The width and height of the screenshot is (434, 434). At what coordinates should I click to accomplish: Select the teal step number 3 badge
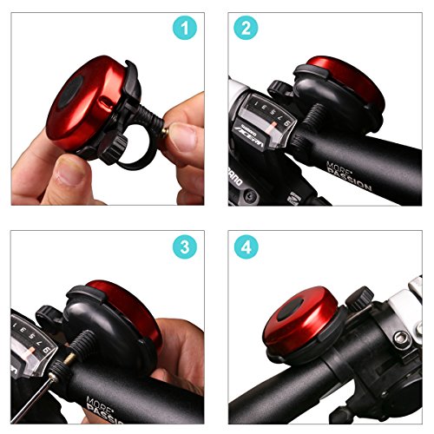pos(182,247)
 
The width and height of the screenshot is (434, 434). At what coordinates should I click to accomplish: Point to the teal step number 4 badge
pos(247,247)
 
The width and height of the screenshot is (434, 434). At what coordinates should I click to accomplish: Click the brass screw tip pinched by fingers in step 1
pos(164,129)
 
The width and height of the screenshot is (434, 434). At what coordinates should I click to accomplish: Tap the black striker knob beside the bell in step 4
pos(356,299)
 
